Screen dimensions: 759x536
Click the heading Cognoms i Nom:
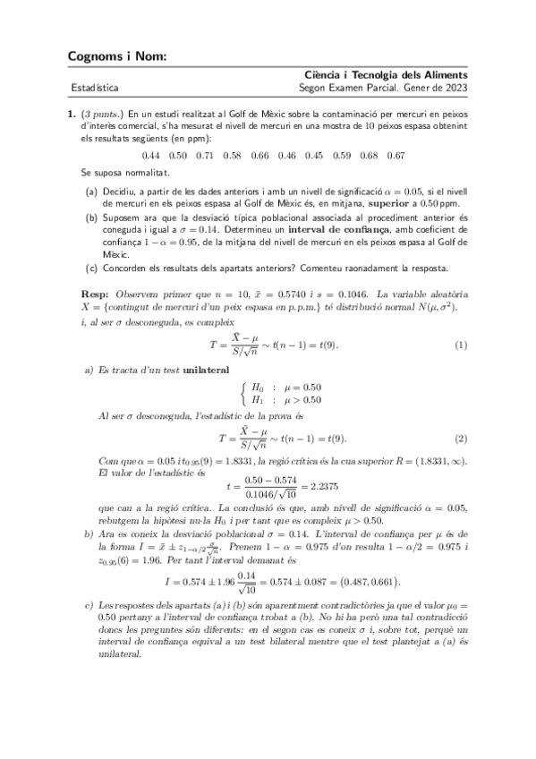(116, 56)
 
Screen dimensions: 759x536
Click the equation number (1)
(460, 345)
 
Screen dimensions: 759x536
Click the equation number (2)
(460, 438)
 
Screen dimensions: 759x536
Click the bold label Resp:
(94, 294)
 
